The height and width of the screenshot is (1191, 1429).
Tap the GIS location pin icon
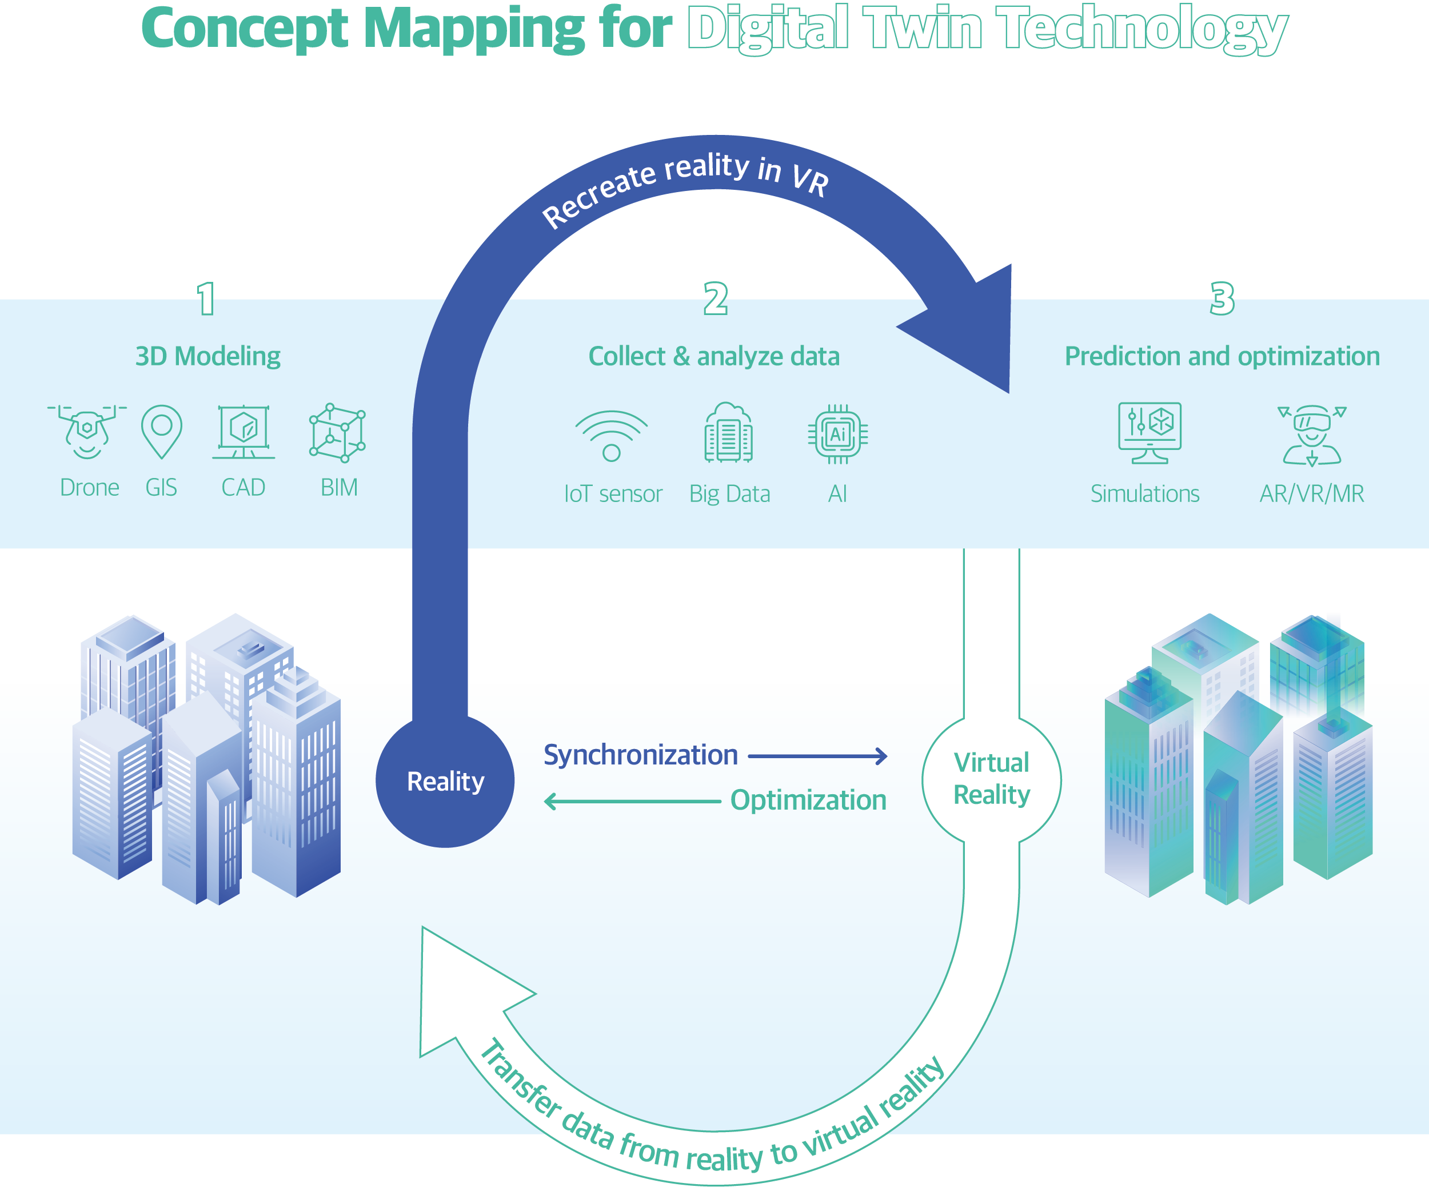tap(161, 431)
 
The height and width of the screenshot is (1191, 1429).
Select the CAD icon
tap(244, 432)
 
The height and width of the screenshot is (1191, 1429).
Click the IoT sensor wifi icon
tap(611, 436)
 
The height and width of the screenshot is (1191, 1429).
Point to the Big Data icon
tap(728, 433)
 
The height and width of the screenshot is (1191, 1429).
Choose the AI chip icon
tap(837, 434)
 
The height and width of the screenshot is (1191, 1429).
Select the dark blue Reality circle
tap(445, 781)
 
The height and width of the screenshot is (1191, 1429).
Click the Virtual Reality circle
tap(992, 779)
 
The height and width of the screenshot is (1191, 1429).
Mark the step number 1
tap(206, 299)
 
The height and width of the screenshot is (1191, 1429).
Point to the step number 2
tap(715, 299)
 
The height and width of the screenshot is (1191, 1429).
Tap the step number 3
tap(1222, 299)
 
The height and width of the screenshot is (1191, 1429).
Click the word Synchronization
tap(640, 755)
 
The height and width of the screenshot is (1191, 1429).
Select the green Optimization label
tap(808, 800)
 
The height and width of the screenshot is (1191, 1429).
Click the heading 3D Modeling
tap(207, 356)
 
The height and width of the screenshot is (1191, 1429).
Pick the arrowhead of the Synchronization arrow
tap(881, 755)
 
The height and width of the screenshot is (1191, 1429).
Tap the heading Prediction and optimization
tap(1222, 356)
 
